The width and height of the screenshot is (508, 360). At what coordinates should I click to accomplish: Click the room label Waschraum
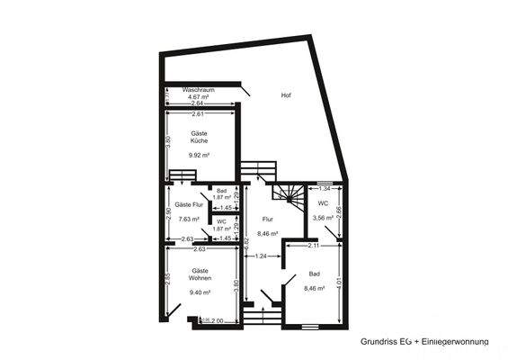198,90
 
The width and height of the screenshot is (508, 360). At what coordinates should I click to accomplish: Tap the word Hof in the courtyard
286,95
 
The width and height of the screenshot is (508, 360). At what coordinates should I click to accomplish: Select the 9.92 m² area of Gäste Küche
199,155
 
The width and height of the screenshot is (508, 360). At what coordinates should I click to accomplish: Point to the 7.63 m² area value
189,219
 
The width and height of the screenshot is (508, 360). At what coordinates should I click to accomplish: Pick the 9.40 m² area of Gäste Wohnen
200,292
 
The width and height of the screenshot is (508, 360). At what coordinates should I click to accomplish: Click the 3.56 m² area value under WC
323,217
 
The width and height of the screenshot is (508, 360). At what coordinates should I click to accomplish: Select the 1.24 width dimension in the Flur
262,256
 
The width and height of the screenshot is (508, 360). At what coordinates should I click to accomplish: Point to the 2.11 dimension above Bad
314,245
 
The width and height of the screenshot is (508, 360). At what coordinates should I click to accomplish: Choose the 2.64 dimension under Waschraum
199,104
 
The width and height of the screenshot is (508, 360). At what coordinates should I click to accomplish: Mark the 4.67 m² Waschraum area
198,97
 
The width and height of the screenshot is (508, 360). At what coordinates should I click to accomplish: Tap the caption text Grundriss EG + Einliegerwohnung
423,342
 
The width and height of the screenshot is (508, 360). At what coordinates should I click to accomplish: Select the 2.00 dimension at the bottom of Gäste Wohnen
217,319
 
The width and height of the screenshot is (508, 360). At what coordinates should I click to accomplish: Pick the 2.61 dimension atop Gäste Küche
199,114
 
